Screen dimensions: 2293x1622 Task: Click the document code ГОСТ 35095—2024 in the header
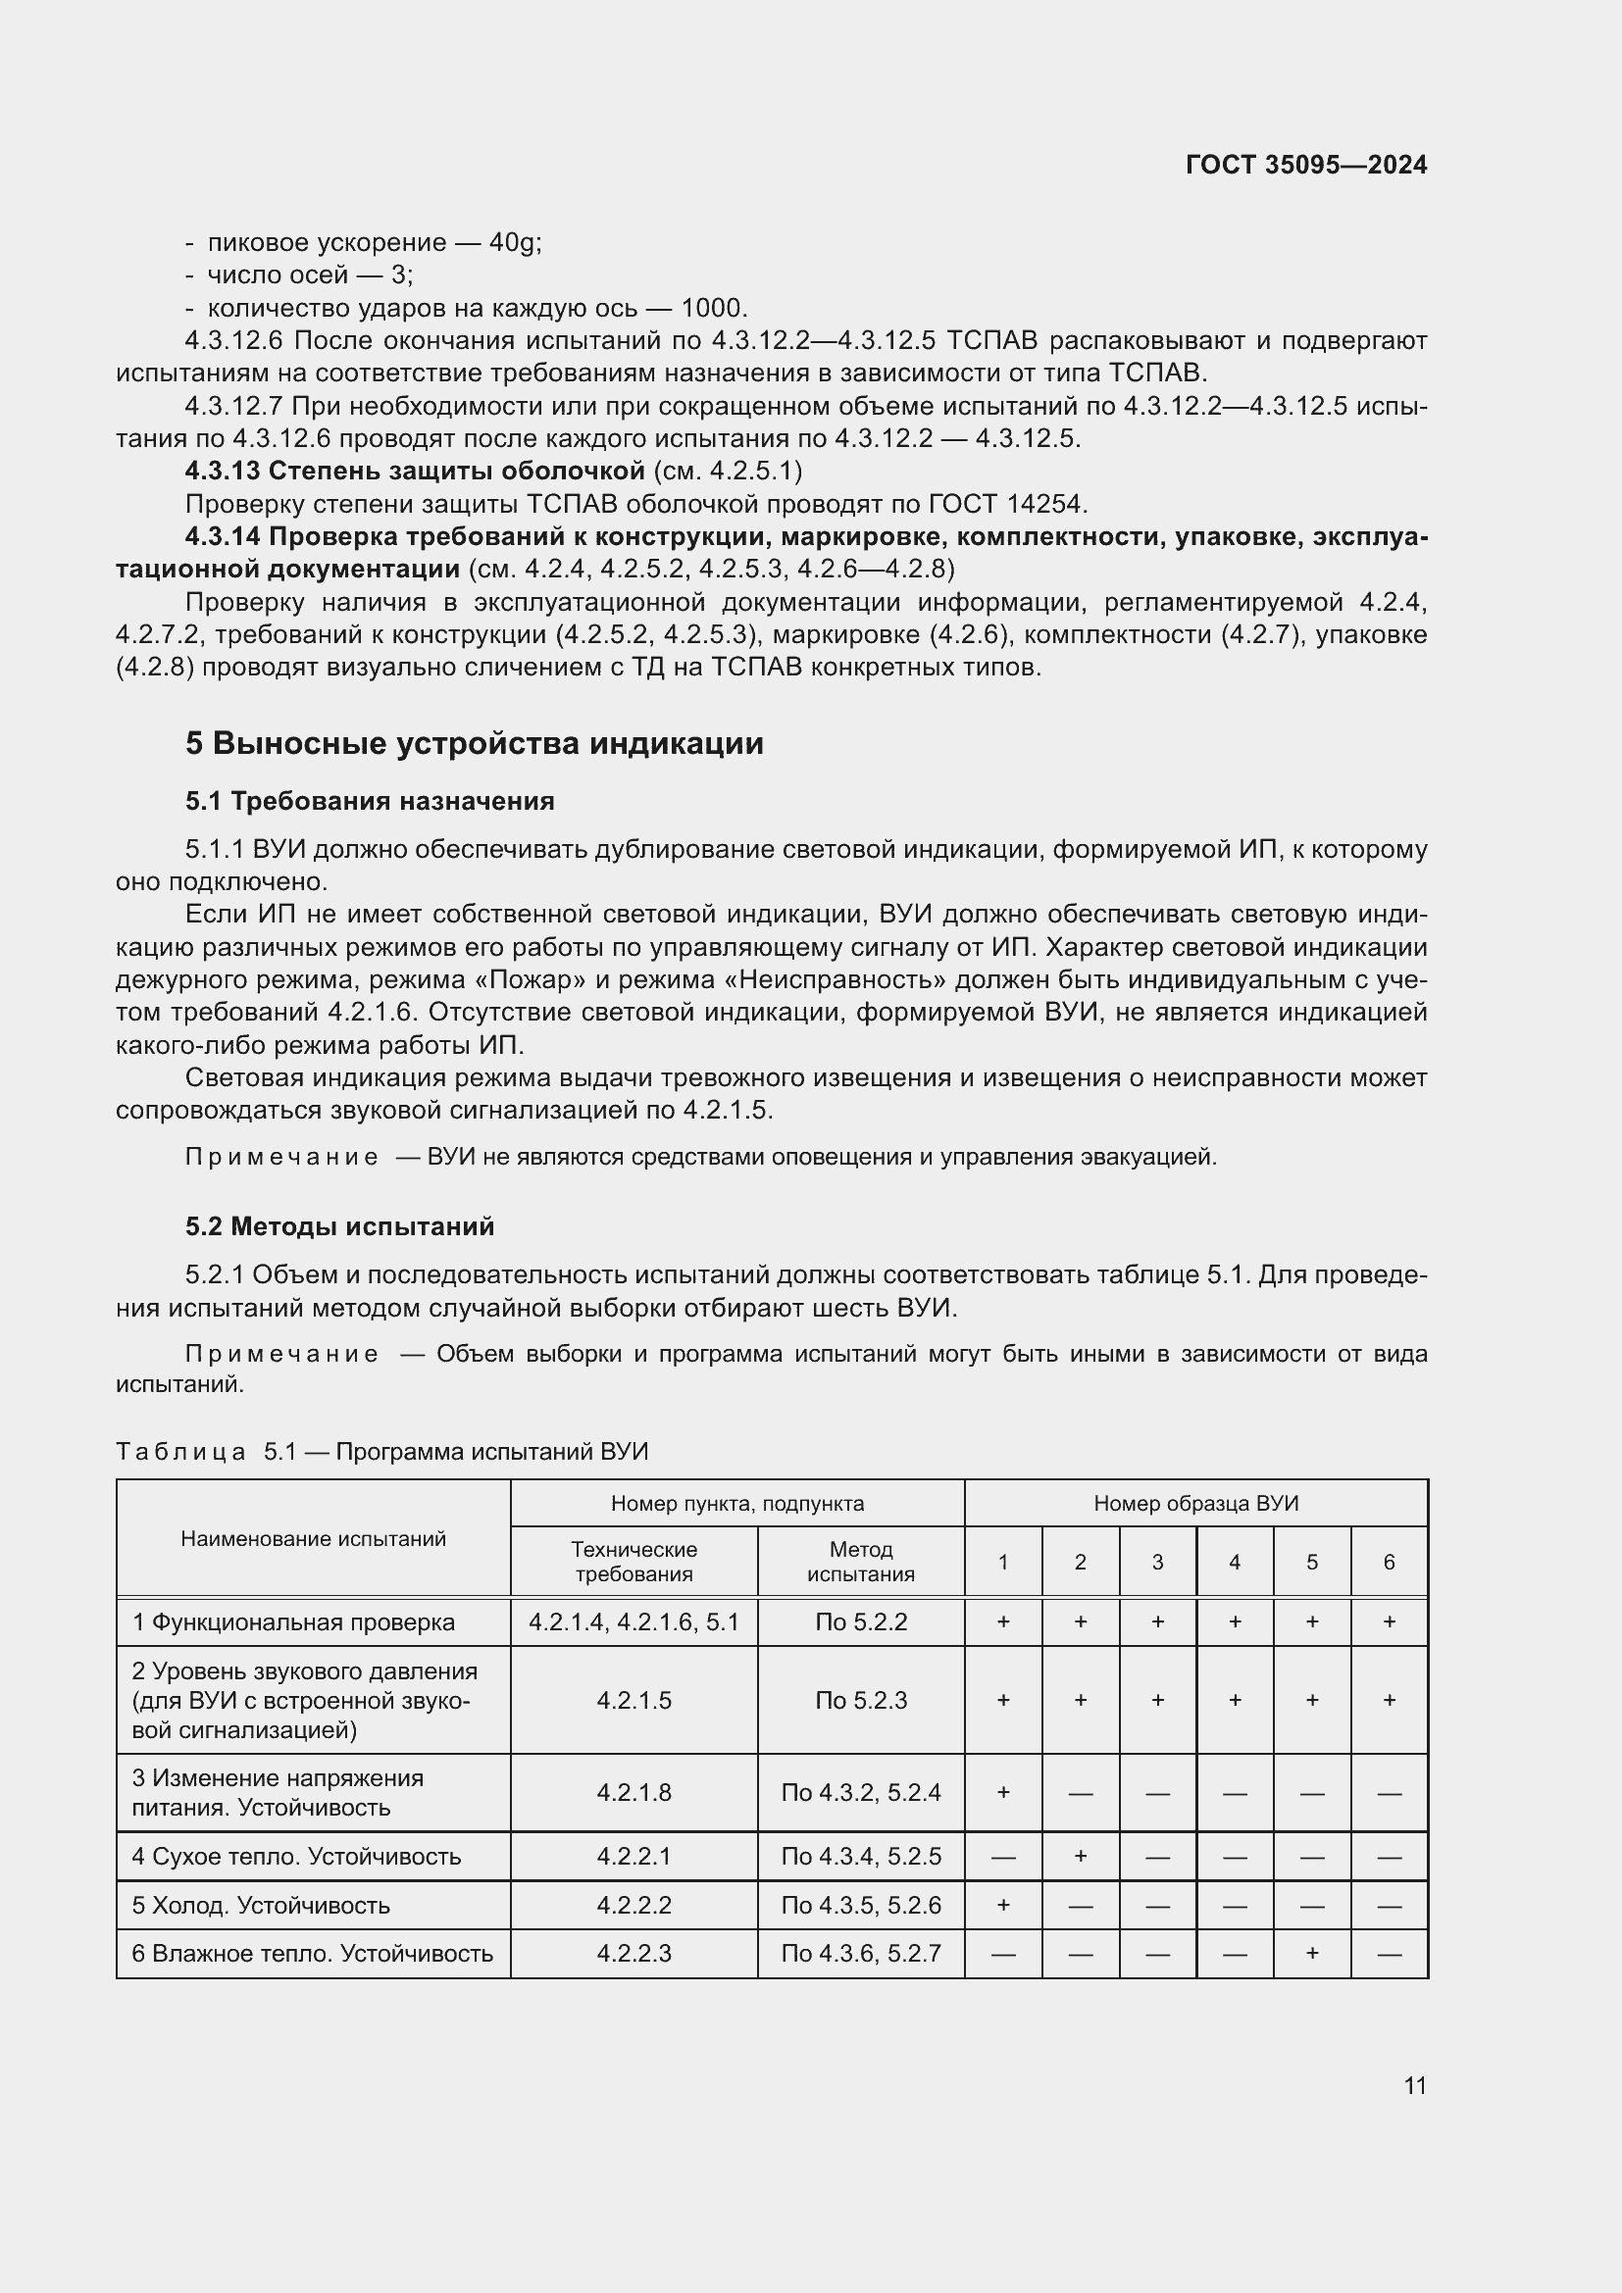pyautogui.click(x=1305, y=165)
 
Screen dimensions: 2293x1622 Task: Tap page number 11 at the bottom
pyautogui.click(x=1414, y=2085)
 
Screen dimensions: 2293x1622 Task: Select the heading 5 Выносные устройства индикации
pyautogui.click(x=475, y=743)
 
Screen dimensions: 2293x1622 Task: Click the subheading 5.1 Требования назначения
pyautogui.click(x=370, y=801)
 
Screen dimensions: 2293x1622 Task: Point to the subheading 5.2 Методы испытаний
pyautogui.click(x=339, y=1226)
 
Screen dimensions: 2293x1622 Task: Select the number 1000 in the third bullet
pyautogui.click(x=713, y=308)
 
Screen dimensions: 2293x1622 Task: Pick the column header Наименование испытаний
pyautogui.click(x=313, y=1538)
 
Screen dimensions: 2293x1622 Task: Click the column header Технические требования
pyautogui.click(x=634, y=1562)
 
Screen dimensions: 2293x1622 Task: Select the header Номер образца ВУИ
pyautogui.click(x=1195, y=1503)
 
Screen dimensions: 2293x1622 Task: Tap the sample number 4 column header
pyautogui.click(x=1235, y=1562)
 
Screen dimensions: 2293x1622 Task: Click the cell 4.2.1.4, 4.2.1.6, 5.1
pyautogui.click(x=634, y=1621)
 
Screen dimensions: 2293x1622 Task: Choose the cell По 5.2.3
pyautogui.click(x=861, y=1700)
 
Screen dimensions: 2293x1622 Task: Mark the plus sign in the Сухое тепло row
pyautogui.click(x=1080, y=1856)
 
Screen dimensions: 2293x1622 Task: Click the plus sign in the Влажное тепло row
pyautogui.click(x=1311, y=1953)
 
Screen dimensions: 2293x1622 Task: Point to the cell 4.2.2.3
pyautogui.click(x=634, y=1953)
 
